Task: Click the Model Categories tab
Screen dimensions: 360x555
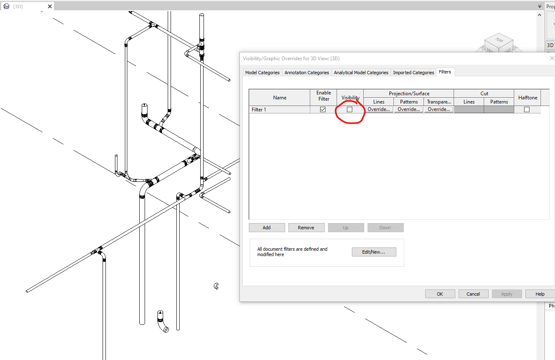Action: [x=262, y=73]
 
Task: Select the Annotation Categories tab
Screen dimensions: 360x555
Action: [x=307, y=73]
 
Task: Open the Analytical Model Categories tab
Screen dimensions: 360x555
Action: [x=361, y=73]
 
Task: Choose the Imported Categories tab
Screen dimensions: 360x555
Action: [x=413, y=73]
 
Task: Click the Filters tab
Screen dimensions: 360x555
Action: [x=445, y=72]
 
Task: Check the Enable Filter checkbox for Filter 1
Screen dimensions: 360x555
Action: [x=323, y=110]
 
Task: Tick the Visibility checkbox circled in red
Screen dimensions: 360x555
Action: [x=350, y=110]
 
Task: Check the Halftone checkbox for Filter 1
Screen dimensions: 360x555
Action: [x=527, y=110]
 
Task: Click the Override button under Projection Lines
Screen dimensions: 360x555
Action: [x=379, y=110]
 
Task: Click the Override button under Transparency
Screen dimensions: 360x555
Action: [x=438, y=110]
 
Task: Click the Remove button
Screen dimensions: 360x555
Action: [x=306, y=228]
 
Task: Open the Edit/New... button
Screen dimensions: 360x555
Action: [x=374, y=252]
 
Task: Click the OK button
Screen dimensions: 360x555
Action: [x=440, y=294]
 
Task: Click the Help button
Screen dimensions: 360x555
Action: [x=540, y=294]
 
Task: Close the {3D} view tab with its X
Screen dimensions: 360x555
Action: [x=50, y=7]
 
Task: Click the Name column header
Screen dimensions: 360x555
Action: [x=279, y=98]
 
